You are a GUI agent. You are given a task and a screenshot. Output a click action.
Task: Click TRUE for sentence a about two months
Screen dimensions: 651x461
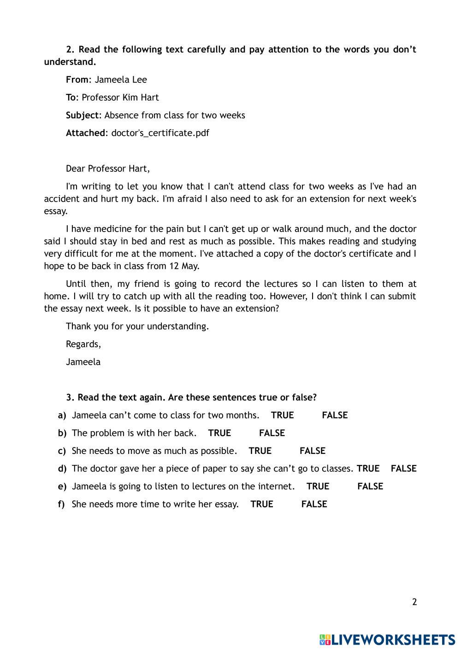282,415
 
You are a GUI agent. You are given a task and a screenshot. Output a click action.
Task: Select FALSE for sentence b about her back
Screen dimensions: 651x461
272,433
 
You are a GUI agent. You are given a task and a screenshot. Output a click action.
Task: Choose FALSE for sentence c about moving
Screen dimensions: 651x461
312,451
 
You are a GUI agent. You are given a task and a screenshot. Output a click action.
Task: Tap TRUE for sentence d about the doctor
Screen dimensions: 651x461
368,469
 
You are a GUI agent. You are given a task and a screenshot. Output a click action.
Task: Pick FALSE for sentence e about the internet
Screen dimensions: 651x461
370,487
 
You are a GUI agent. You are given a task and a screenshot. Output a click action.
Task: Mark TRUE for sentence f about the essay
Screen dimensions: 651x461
261,504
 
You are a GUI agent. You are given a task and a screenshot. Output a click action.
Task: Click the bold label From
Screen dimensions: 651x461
77,80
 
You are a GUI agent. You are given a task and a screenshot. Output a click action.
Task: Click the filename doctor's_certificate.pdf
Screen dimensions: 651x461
160,133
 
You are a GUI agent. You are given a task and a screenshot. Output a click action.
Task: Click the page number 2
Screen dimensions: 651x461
414,602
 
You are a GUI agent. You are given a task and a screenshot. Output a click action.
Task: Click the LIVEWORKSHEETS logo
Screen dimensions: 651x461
387,639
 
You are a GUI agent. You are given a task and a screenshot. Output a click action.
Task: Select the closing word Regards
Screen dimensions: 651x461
83,344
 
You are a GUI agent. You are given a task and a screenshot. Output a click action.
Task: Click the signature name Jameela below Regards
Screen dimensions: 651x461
83,362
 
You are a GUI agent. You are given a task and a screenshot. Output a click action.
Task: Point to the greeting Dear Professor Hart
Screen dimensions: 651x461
108,169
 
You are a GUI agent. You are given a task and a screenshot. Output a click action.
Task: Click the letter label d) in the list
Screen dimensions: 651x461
62,469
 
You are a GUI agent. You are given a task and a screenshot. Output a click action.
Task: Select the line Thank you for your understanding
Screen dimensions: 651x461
137,326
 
